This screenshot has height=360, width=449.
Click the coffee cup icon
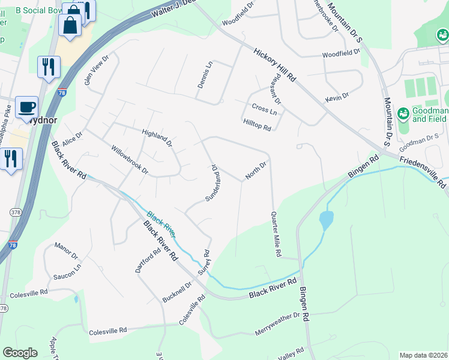(x=27, y=107)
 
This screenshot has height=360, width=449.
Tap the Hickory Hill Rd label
(x=275, y=66)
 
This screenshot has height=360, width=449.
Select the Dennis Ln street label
(x=205, y=75)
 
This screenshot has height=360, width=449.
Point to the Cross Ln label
(x=264, y=111)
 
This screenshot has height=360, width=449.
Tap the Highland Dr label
(x=157, y=138)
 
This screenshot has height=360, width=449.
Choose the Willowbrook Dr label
(x=129, y=158)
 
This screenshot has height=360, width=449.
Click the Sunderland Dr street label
(x=211, y=182)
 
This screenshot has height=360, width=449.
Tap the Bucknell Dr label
(x=177, y=292)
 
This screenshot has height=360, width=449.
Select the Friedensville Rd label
(x=423, y=172)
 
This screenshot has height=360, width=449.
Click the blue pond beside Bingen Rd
(x=326, y=220)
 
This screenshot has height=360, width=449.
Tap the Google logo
(x=20, y=353)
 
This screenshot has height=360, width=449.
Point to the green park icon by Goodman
(x=403, y=113)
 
